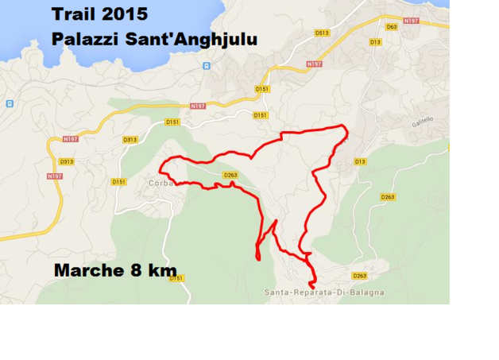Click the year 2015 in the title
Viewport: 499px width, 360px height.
[x=126, y=14]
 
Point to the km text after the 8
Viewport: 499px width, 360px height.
[x=160, y=270]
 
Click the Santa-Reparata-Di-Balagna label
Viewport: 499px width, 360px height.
[x=324, y=292]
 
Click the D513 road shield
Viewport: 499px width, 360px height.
[x=322, y=33]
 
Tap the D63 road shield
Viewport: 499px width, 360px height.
[x=391, y=27]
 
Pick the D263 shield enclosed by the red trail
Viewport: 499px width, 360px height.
[x=230, y=175]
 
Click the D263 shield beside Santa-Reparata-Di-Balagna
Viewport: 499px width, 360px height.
[x=359, y=276]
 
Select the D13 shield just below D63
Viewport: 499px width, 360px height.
[x=375, y=41]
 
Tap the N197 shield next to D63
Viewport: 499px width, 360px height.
[x=411, y=21]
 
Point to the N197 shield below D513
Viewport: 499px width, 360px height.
[x=314, y=64]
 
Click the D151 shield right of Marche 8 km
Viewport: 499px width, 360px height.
[x=176, y=277]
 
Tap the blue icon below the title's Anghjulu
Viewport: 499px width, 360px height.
[x=207, y=65]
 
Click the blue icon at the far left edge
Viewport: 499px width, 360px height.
[x=10, y=103]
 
